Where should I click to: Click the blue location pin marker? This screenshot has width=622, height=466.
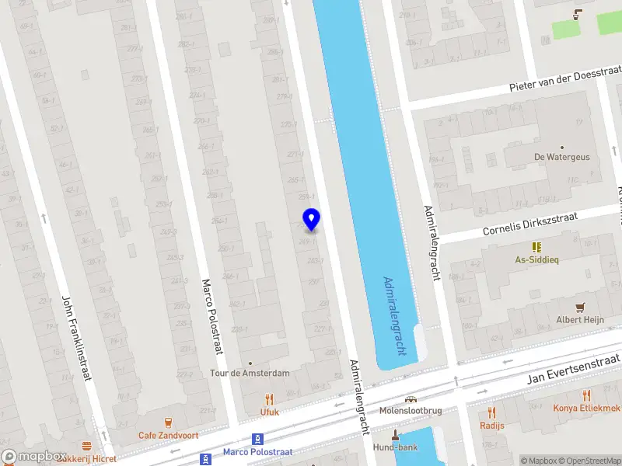coord(311,219)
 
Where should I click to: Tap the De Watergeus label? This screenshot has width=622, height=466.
coord(561,157)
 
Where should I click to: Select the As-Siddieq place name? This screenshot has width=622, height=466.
coord(536,259)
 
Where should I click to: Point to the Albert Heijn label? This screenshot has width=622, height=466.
coord(579,320)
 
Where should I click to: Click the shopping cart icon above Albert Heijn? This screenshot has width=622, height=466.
coord(579,307)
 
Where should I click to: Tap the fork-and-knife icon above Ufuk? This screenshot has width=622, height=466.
coord(270,399)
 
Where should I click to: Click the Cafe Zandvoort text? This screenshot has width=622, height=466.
coord(168,436)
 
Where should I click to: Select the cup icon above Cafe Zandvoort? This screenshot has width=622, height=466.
coord(168,422)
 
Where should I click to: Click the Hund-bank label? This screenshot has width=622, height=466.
coord(396,447)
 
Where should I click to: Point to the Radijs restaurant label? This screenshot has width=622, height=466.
coord(492,426)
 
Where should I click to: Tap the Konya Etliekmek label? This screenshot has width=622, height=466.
coord(586,409)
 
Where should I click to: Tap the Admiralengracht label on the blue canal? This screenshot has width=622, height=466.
coord(395,316)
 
